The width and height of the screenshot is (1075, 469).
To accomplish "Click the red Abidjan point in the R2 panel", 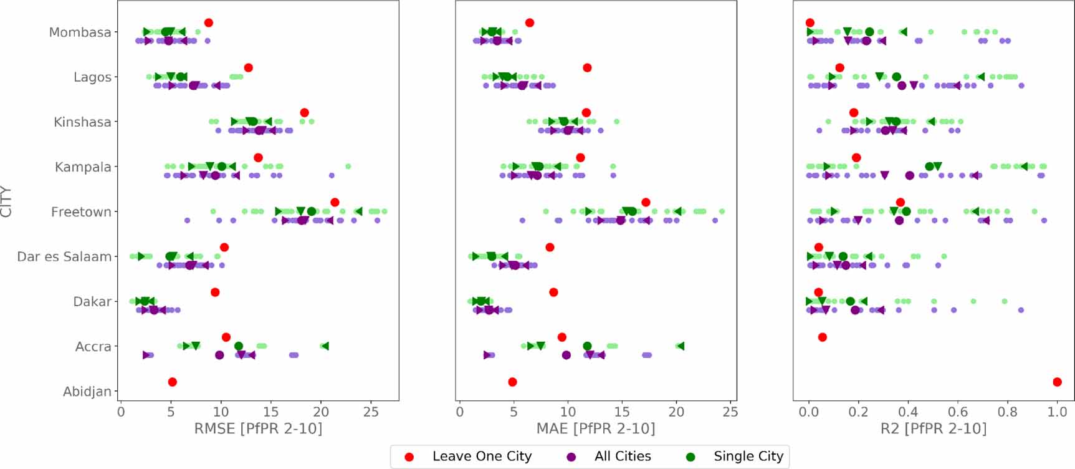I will [x=1057, y=382].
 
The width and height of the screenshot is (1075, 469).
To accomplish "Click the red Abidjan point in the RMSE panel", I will [x=173, y=382].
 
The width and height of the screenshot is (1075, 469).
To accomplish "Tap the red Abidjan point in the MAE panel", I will [x=512, y=382].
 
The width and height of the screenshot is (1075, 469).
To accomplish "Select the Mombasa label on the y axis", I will [x=80, y=32].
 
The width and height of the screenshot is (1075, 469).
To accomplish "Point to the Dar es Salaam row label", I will [x=64, y=257].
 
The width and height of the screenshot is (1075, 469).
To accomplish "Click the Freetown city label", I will [x=81, y=212].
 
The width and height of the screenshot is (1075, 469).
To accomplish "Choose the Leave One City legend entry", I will [x=481, y=457].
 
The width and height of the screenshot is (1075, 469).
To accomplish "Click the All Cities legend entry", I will [x=622, y=457].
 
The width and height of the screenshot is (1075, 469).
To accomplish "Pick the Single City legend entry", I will [x=748, y=457].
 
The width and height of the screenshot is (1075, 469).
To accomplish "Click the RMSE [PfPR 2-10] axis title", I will [x=258, y=428].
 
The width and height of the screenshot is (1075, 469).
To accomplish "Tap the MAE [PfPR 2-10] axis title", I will [x=596, y=428].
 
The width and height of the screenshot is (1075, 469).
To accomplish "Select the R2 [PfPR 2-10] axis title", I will [x=933, y=428].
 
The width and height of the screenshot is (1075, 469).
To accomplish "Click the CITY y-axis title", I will [x=7, y=201].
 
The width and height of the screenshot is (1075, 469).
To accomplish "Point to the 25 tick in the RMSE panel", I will [x=371, y=412].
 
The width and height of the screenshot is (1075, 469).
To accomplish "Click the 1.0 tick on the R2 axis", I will [x=1057, y=412].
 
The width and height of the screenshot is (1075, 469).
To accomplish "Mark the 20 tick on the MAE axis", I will [x=676, y=412].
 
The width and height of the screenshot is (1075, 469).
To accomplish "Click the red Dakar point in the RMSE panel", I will [x=215, y=292].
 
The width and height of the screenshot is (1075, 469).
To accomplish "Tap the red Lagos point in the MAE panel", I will [x=587, y=67].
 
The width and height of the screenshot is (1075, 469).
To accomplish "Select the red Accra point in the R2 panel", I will [x=823, y=337].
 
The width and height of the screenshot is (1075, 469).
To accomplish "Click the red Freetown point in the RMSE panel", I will [x=335, y=202].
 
